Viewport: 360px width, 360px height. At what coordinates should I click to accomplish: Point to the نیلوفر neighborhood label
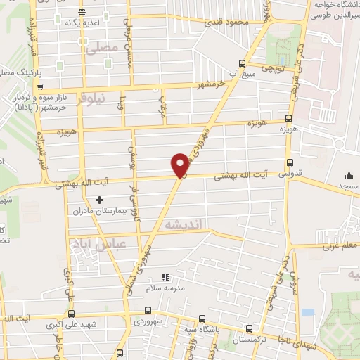(x=92, y=99)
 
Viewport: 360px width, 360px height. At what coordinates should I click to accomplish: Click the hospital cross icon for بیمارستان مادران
(x=99, y=200)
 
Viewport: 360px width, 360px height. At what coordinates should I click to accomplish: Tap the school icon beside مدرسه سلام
(x=165, y=278)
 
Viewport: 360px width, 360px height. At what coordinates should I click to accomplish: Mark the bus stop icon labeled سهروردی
(x=148, y=309)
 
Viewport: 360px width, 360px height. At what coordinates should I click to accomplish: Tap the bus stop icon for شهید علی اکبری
(x=70, y=314)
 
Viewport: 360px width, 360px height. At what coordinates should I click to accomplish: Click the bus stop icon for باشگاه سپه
(x=202, y=317)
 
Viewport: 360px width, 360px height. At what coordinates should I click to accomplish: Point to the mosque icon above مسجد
(x=349, y=176)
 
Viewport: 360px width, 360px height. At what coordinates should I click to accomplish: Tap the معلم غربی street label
(x=340, y=246)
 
